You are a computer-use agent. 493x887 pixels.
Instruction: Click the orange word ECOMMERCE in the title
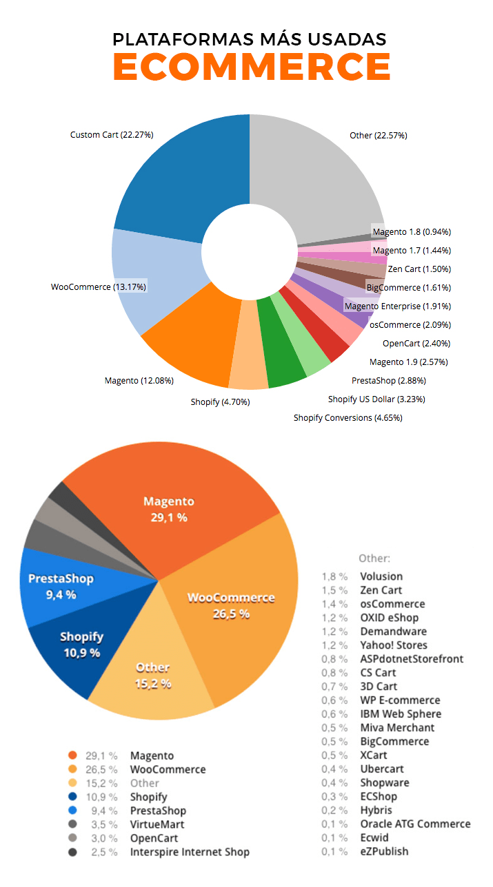coord(252,67)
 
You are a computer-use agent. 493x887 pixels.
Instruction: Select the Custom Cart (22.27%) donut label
coord(111,134)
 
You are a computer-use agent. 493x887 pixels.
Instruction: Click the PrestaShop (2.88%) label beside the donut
coord(389,380)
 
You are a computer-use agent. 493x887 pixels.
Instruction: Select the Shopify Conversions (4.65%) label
coord(348,417)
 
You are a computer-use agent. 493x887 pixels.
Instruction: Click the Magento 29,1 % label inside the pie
coord(169,509)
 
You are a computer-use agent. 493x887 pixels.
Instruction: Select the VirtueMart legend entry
coord(157,824)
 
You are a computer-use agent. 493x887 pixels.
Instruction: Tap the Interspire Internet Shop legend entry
coord(190,852)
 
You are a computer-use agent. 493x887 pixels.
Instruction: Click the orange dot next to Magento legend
coord(72,755)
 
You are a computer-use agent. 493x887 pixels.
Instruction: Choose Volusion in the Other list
coord(381,576)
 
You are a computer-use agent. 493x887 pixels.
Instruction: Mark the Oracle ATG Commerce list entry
coord(415,824)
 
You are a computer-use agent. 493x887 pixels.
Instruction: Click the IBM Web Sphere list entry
coord(401,713)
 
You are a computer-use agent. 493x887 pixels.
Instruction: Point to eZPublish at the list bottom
coord(384,851)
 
